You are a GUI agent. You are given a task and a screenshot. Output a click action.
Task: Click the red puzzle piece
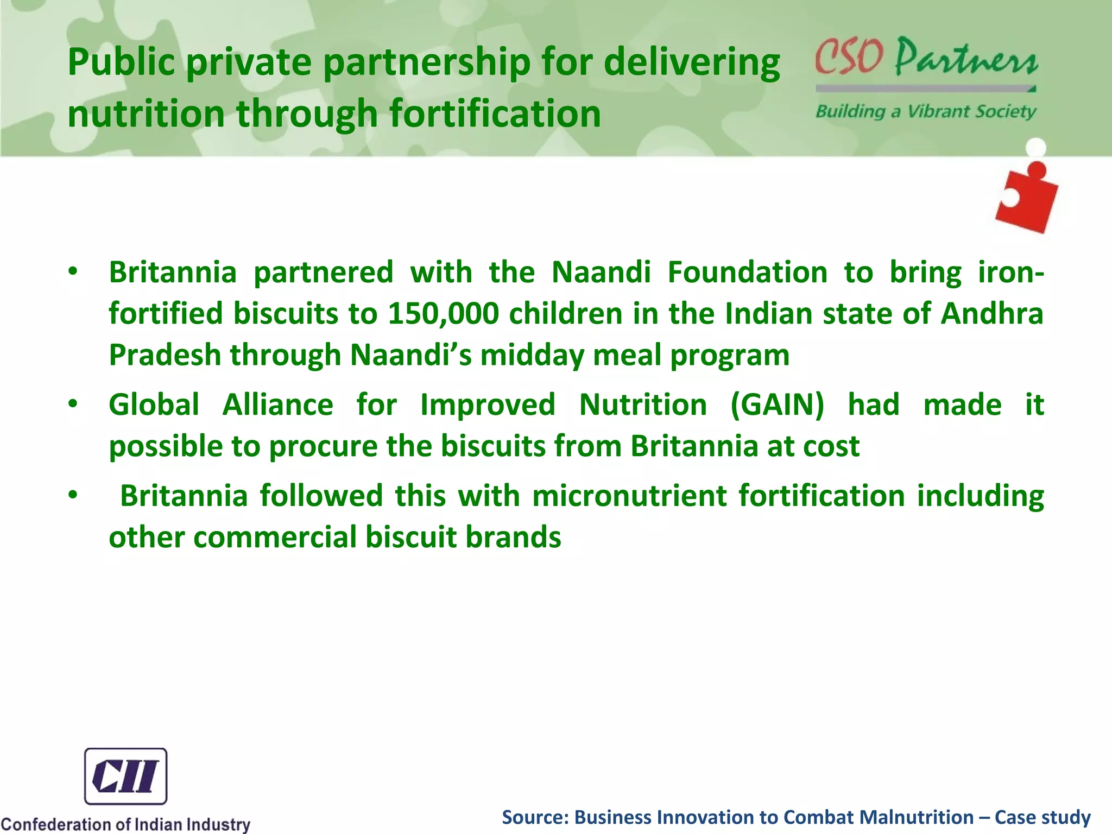(x=1026, y=198)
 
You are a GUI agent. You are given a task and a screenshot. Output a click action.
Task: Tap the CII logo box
(x=125, y=776)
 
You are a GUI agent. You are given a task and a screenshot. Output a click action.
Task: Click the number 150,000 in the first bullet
(x=443, y=314)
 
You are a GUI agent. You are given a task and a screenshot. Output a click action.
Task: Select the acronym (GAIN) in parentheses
(x=777, y=405)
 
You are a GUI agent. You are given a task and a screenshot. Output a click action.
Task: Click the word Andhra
(x=992, y=314)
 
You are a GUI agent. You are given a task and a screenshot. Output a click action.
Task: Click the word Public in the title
(x=121, y=62)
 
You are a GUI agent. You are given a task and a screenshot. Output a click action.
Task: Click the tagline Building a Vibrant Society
(x=926, y=112)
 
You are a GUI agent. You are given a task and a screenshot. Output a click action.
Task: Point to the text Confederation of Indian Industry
(x=125, y=824)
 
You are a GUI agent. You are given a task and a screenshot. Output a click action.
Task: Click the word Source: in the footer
(x=535, y=817)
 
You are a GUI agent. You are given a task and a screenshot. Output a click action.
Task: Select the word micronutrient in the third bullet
(x=629, y=496)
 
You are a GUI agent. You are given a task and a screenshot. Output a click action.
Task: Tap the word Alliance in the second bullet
(x=277, y=405)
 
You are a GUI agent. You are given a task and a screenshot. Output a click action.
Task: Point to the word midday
(x=532, y=356)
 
